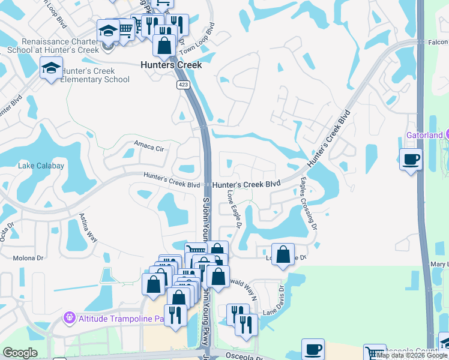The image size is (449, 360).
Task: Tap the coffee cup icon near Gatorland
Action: click(411, 159)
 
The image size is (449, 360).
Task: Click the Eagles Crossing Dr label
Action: click(307, 203)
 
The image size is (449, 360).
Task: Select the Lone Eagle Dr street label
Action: click(234, 210)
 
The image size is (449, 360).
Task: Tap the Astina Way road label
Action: click(89, 227)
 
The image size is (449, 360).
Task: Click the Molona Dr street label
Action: click(29, 258)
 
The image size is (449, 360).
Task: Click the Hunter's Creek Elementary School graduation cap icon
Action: click(52, 68)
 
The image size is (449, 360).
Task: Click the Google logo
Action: click(20, 353)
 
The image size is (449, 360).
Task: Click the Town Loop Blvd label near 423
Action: click(201, 38)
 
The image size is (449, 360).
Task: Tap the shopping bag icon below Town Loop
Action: click(164, 44)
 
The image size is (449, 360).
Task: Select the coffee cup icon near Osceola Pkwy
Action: click(312, 349)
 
